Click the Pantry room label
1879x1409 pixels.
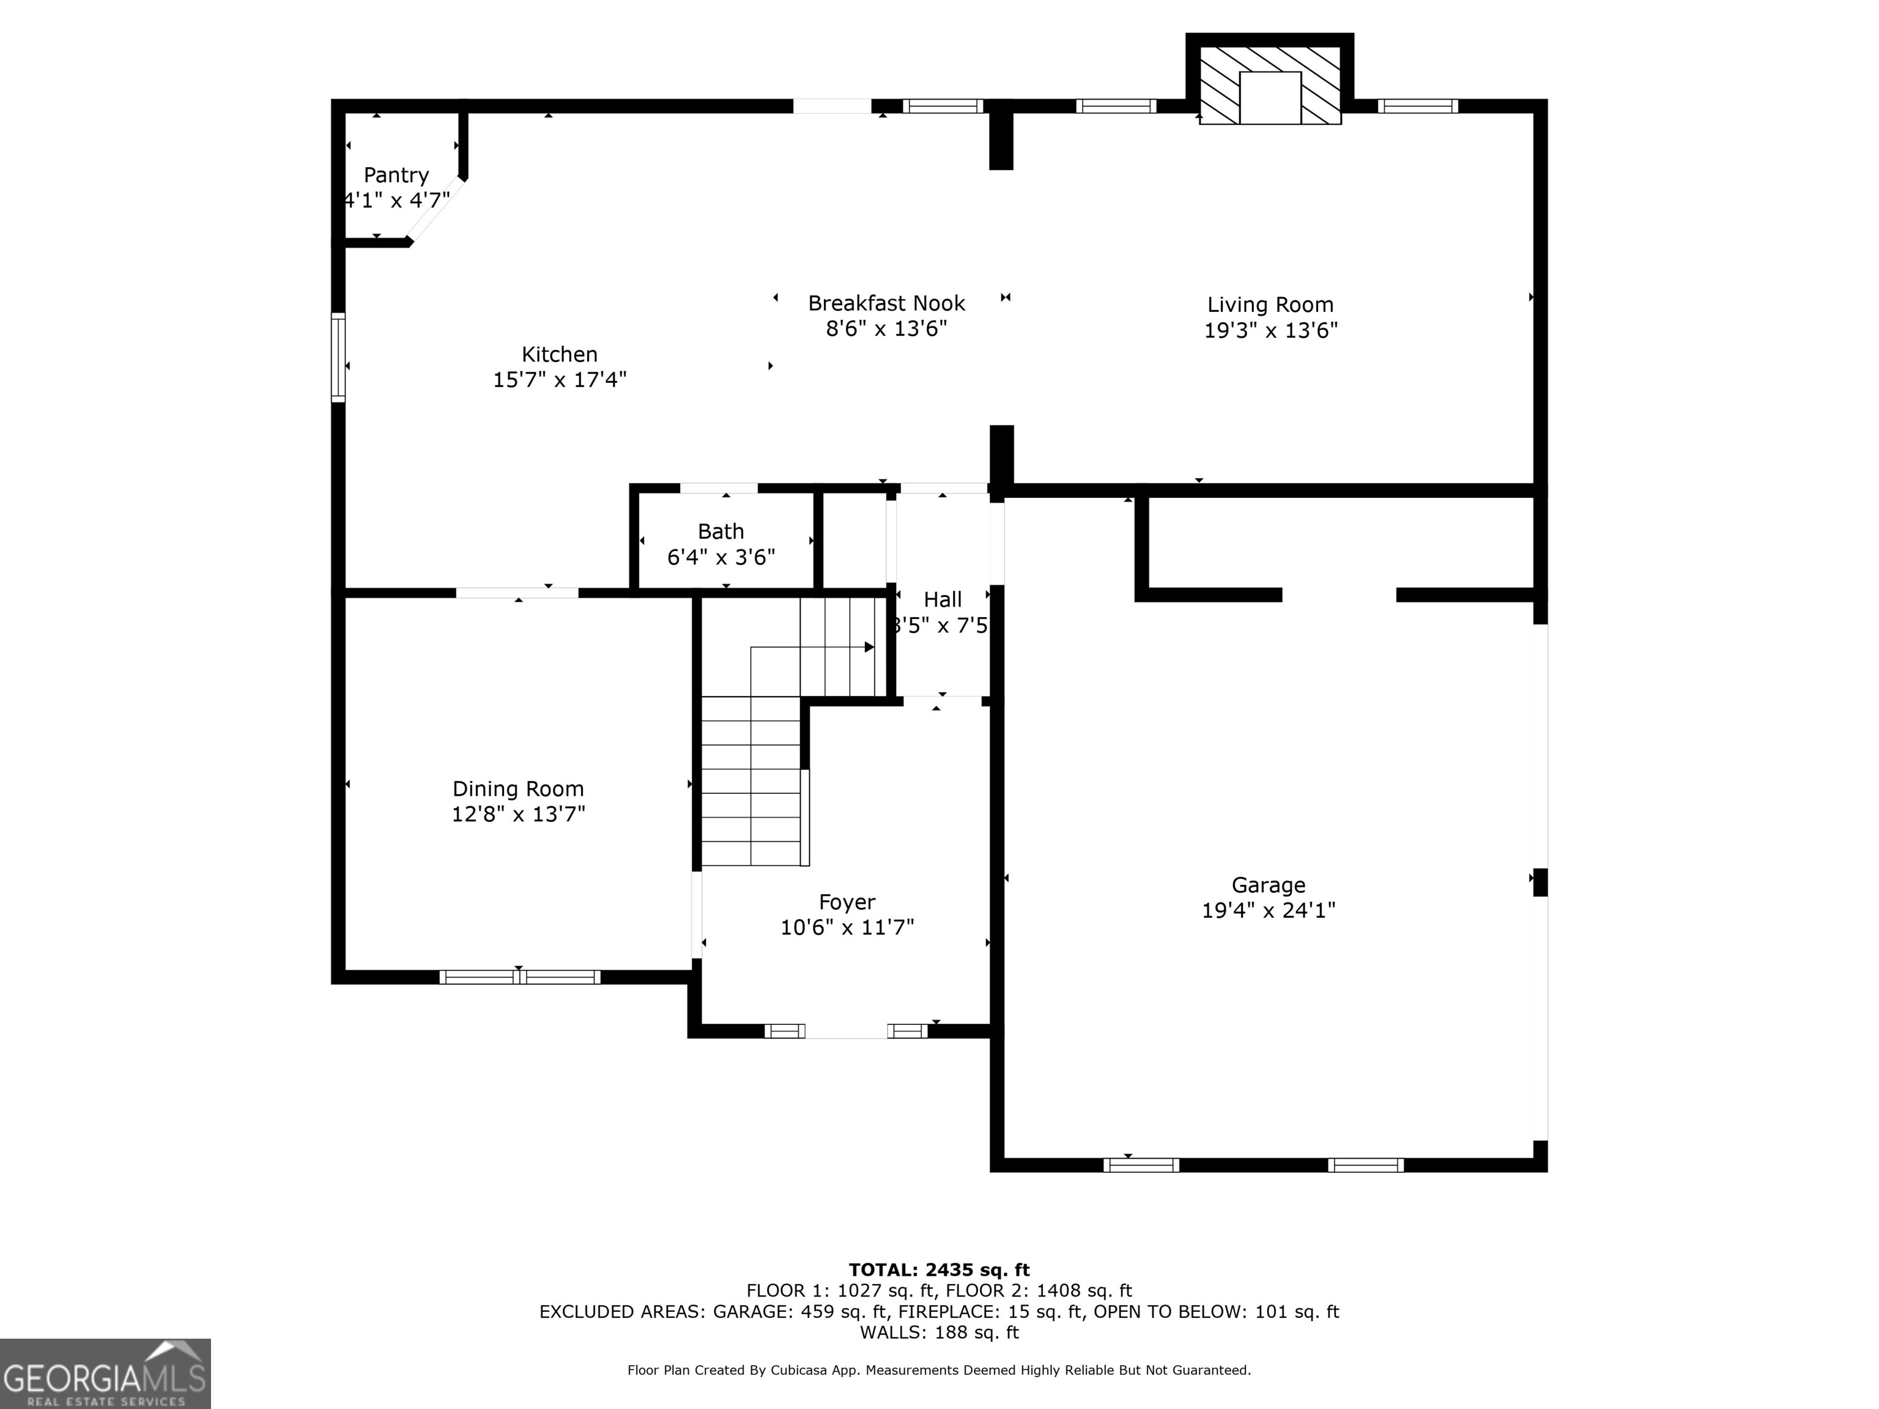point(396,175)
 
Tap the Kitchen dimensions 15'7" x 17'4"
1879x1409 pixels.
point(560,380)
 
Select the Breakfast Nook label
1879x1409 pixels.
point(886,303)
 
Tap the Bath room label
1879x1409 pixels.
point(721,531)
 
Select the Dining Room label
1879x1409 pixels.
point(518,788)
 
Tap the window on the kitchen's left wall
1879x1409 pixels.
point(338,357)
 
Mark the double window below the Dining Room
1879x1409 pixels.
point(519,977)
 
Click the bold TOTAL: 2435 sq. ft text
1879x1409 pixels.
point(939,1270)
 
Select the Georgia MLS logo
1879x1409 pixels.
point(105,1374)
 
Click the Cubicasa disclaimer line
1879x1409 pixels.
point(939,1370)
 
